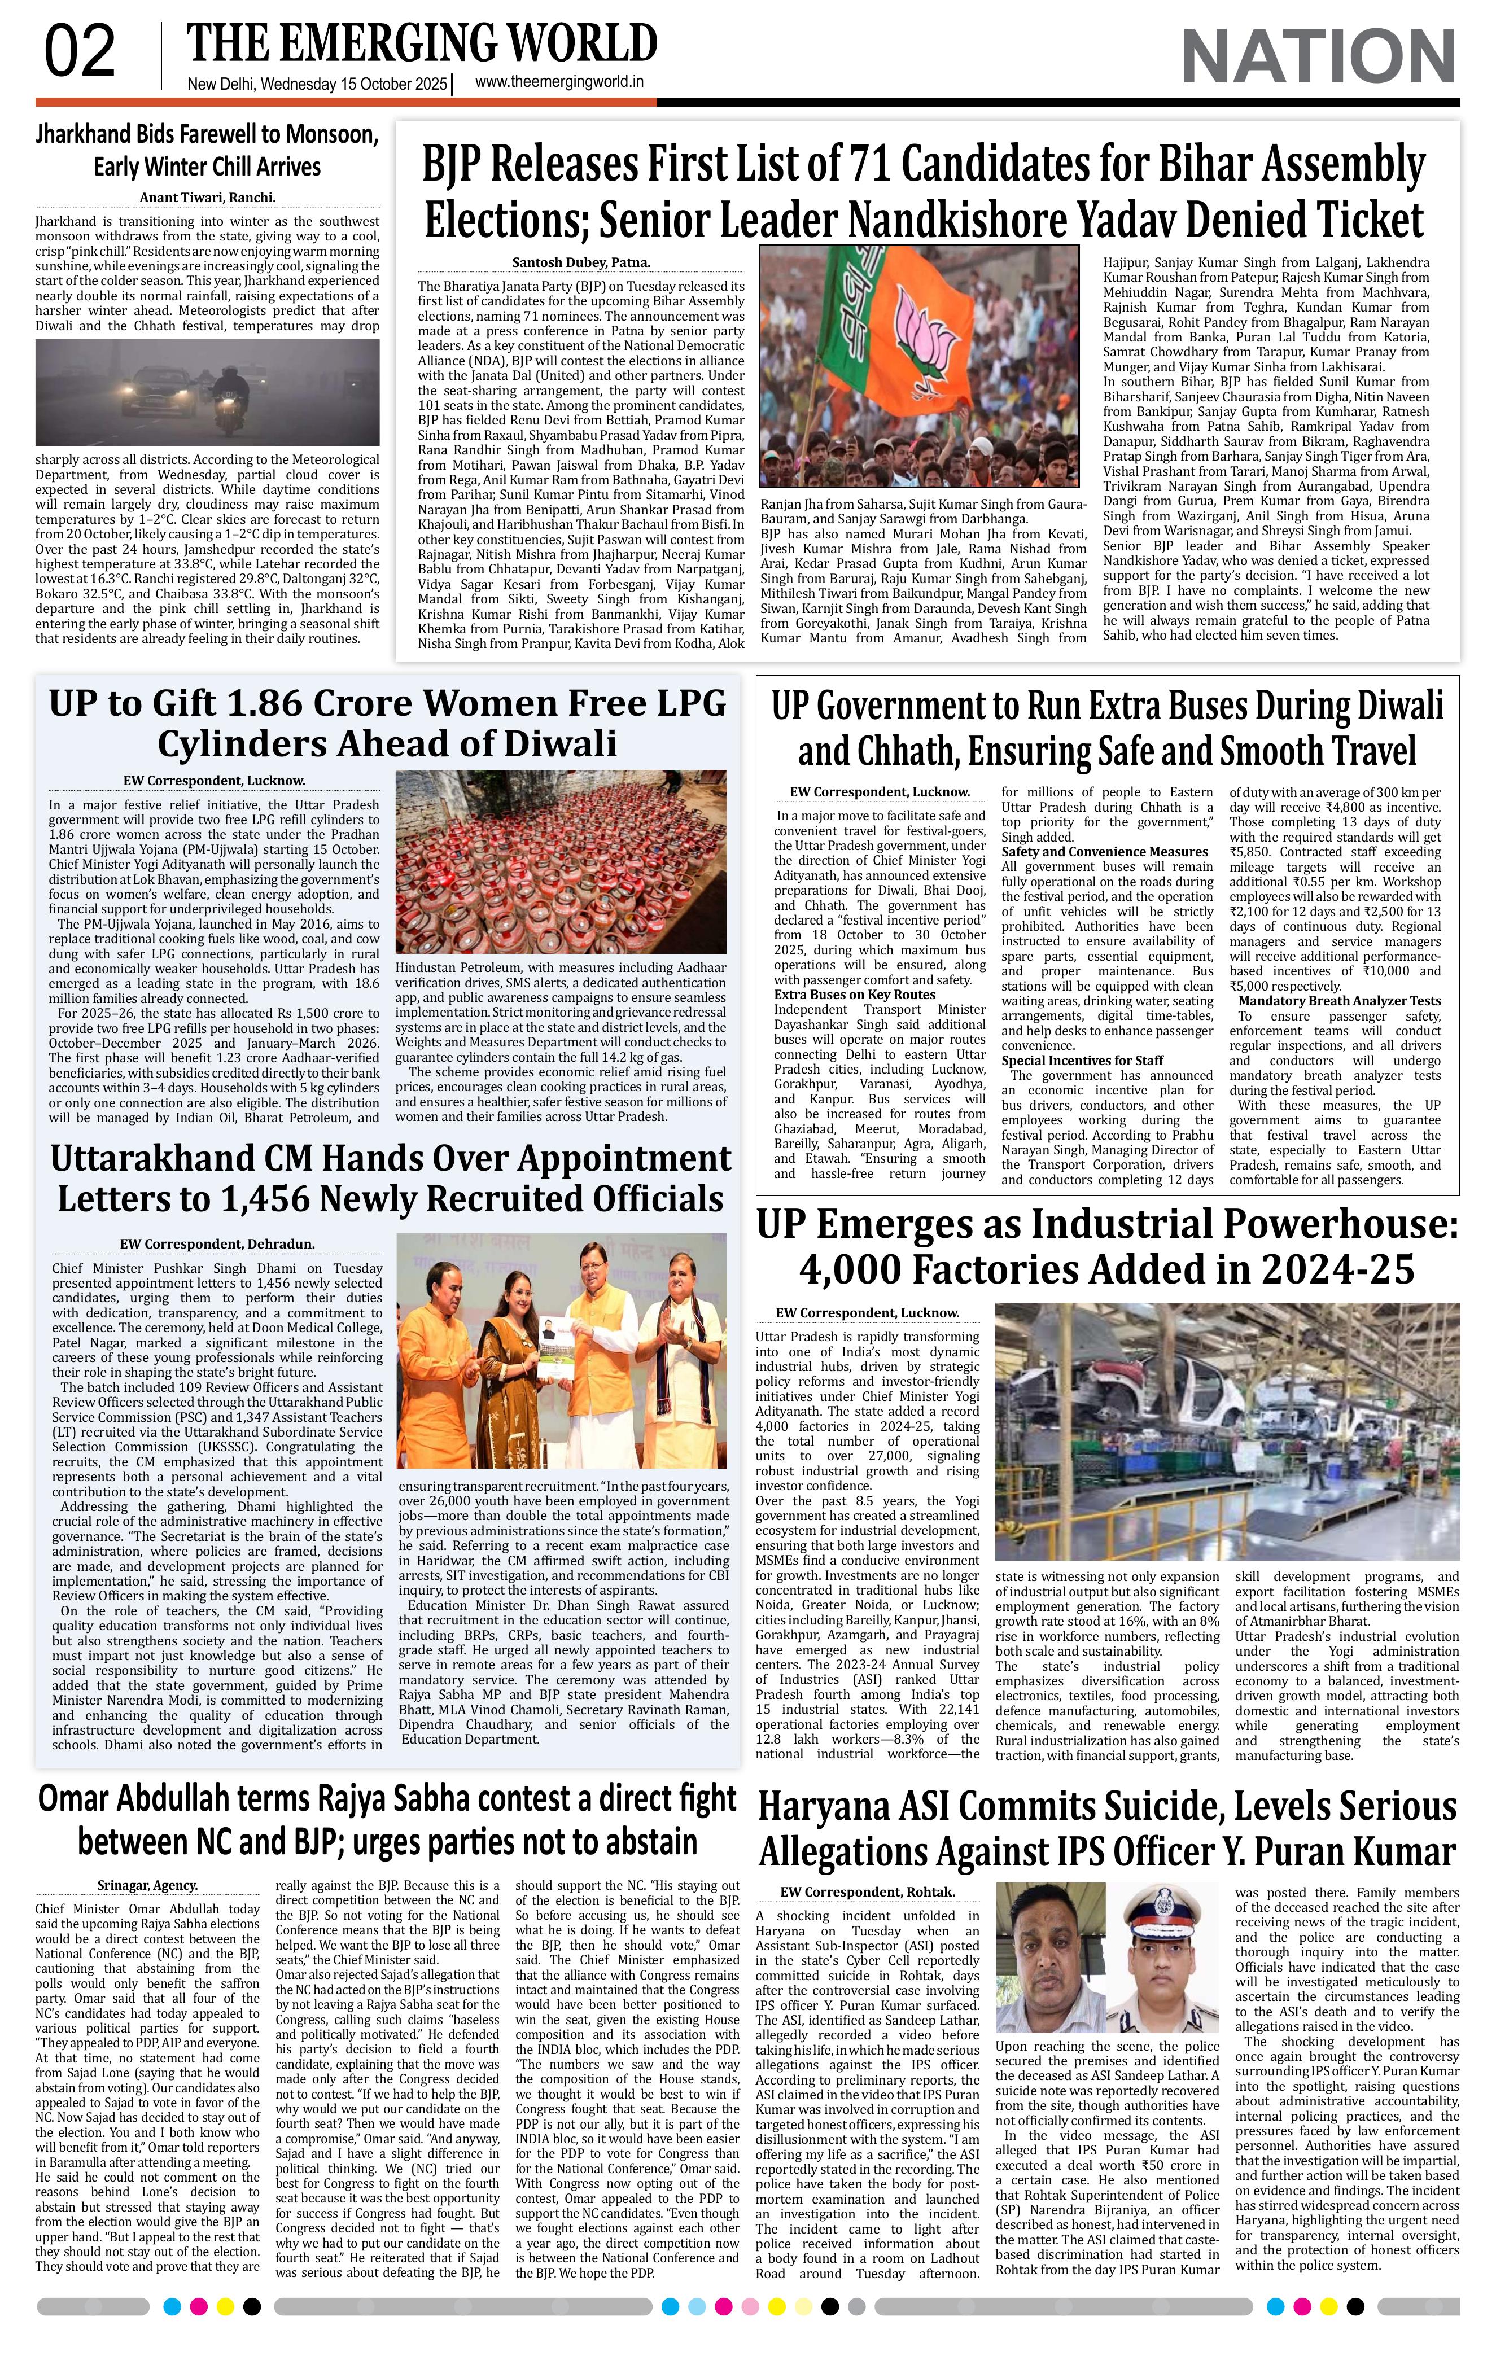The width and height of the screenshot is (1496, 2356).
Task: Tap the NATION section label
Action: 1318,56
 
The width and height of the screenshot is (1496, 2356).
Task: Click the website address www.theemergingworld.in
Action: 559,83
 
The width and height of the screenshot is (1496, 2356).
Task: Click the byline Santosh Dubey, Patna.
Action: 580,262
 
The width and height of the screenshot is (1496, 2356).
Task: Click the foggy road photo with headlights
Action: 207,391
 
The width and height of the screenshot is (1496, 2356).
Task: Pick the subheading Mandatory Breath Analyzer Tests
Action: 1338,1000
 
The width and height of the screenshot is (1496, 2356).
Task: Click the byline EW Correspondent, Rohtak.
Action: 867,1891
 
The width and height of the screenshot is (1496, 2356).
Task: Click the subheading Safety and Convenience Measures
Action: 1105,851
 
